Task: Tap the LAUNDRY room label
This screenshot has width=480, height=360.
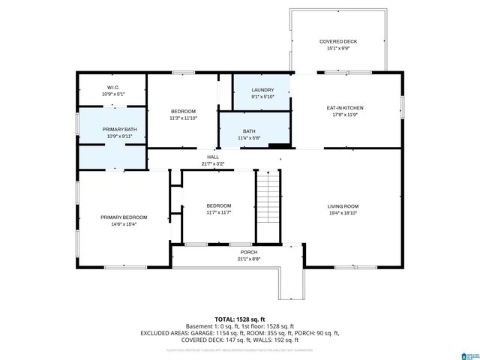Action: coord(262,90)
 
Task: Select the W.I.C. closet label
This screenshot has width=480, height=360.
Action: coord(113,88)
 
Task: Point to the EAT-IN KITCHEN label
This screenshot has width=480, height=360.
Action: coord(345,108)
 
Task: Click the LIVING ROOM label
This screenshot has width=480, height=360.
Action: coord(343,206)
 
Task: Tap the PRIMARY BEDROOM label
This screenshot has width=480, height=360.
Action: coord(124,217)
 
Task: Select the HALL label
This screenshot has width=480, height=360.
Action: coord(213,157)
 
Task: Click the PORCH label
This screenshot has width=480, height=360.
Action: coord(248,252)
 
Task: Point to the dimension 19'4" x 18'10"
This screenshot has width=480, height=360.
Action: coord(343,213)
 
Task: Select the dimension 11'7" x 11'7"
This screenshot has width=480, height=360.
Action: coord(219,212)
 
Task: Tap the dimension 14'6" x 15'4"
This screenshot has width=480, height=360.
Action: coord(124,223)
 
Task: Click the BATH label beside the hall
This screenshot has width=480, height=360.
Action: coord(249,131)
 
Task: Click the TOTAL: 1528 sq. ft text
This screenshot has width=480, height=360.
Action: coord(240,319)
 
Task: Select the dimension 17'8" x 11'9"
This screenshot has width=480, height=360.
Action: coord(345,115)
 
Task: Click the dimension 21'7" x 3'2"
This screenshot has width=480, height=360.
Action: coord(213,163)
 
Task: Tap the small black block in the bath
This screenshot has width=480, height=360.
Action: coord(278,146)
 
